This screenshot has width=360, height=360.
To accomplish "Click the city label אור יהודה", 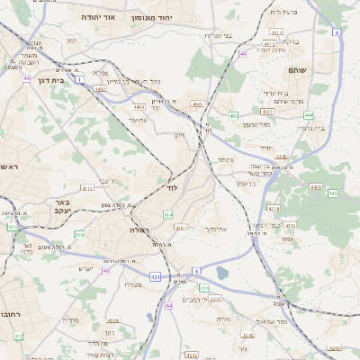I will tap(99, 17).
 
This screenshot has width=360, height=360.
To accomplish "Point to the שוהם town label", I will tap(298, 69).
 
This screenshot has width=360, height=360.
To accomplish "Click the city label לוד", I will tap(173, 188).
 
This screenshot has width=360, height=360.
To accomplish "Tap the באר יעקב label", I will tap(62, 208).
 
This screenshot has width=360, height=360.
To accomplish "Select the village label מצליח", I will tap(133, 285).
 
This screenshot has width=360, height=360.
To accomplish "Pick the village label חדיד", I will tap(265, 148).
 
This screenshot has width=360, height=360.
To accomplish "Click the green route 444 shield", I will tap(309, 115).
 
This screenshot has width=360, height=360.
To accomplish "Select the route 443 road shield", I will tap(332, 193).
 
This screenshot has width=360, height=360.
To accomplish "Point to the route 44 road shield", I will tap(169, 306).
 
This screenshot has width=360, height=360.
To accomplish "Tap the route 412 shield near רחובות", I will tap(19, 336).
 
